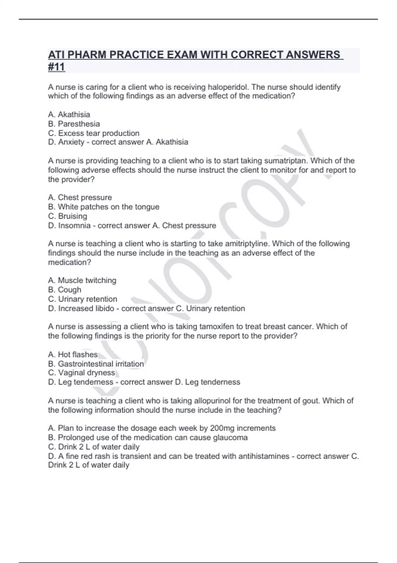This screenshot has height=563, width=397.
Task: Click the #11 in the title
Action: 57,67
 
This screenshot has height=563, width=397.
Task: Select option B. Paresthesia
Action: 74,124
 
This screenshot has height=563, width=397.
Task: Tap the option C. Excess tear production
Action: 94,133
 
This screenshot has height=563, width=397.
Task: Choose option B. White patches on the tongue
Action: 104,207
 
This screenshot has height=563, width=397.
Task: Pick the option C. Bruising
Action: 67,216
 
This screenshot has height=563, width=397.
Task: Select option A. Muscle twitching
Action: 82,280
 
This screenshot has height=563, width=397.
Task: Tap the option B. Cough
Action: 65,289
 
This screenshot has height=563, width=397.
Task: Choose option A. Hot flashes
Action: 73,354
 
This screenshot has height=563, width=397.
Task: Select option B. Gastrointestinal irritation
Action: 96,364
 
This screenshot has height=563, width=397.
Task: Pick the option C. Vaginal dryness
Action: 81,373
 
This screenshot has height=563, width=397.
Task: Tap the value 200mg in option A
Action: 222,428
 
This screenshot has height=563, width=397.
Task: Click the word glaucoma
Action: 230,437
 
